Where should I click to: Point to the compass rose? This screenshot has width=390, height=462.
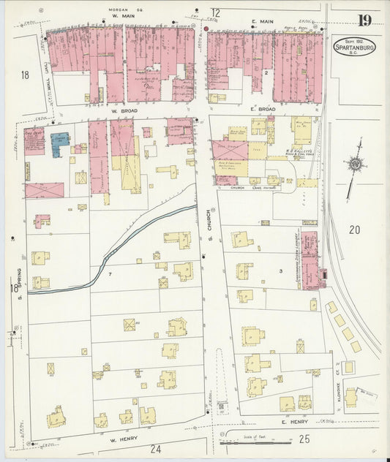click(x=355, y=164)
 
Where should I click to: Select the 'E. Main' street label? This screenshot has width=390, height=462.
click(x=262, y=21)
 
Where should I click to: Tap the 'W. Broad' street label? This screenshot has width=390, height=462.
click(x=125, y=111)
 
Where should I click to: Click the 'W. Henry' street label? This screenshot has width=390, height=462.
click(x=124, y=440)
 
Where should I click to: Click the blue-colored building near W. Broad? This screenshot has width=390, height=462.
click(x=60, y=143)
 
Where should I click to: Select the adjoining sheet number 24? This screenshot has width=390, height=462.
click(x=156, y=449)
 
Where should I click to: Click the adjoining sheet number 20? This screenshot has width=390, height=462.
click(x=355, y=230)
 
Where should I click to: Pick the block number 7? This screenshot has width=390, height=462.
click(x=110, y=273)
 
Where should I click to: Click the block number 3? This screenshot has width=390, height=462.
click(x=280, y=271)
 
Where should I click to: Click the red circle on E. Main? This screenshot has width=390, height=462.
click(x=207, y=29)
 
